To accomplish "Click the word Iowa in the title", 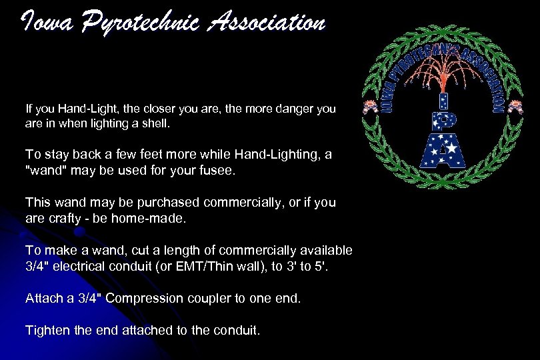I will tap(45, 23).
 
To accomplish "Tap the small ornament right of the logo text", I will tap(515, 107).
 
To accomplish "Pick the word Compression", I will tap(144, 298).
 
